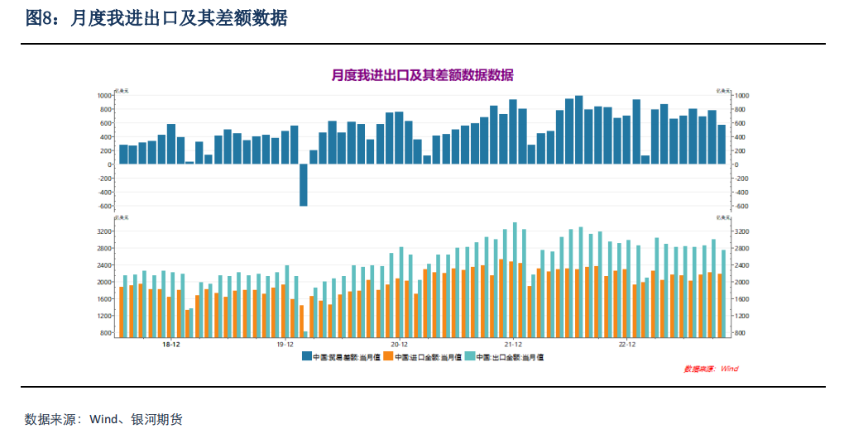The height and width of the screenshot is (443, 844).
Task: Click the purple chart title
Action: [x=422, y=75]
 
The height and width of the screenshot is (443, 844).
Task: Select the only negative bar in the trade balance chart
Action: [x=303, y=184]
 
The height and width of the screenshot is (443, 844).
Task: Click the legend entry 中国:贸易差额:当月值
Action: [x=340, y=357]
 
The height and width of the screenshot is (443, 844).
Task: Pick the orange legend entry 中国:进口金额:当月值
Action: [x=423, y=357]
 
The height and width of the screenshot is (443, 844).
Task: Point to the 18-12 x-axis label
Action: [x=171, y=344]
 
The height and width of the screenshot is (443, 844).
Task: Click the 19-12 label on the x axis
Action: [x=285, y=344]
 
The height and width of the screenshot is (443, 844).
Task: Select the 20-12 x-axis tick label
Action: [x=399, y=344]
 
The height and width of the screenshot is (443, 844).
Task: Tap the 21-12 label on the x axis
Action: [x=513, y=344]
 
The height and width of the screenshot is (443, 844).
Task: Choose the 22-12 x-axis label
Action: [x=626, y=344]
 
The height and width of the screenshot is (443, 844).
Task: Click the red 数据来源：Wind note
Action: [x=711, y=369]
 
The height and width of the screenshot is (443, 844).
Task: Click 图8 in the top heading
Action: [x=39, y=18]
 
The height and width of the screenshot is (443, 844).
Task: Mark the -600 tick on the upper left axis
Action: [x=103, y=206]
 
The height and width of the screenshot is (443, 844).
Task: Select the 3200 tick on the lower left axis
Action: [x=103, y=231]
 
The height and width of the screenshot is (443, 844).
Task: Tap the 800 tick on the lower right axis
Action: [x=741, y=333]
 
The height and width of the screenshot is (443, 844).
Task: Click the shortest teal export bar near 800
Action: [x=305, y=334]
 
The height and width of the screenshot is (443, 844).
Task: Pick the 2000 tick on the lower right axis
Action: [x=742, y=282]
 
